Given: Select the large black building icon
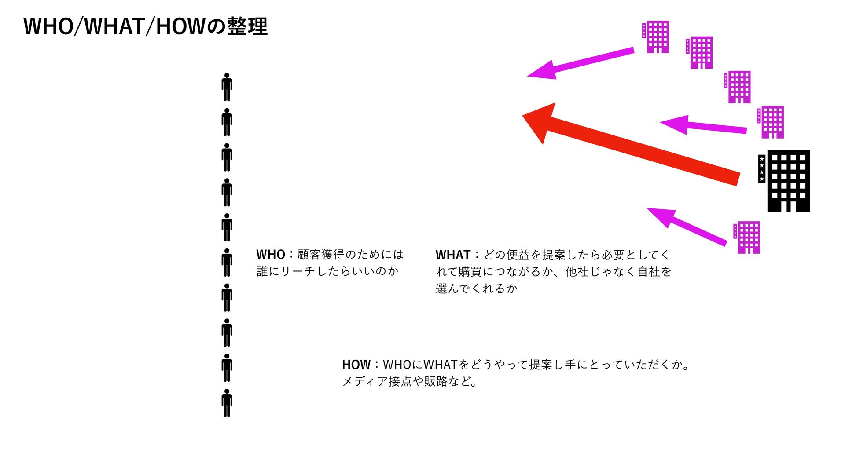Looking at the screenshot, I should click(788, 181).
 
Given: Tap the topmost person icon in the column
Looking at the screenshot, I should click(227, 87).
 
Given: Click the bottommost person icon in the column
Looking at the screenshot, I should click(227, 403).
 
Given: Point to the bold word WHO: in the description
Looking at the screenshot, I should click(271, 255).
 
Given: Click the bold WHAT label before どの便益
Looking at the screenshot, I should click(453, 255).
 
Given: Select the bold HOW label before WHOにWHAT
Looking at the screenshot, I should click(356, 365).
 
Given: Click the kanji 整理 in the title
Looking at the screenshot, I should click(247, 26).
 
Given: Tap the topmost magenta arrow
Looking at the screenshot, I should click(581, 63).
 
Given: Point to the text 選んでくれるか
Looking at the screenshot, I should click(476, 289).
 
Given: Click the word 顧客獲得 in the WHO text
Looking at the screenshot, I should click(321, 255).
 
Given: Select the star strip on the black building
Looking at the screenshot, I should click(761, 169).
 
